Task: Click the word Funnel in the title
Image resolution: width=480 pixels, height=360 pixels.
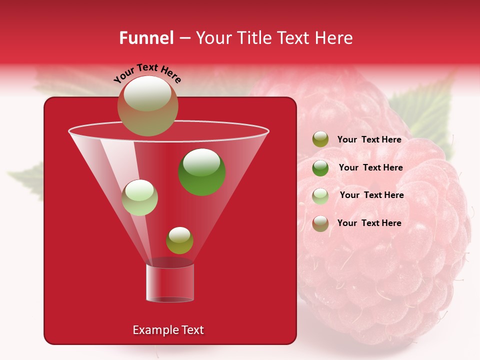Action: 146,38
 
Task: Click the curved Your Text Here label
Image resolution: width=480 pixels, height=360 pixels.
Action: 147,73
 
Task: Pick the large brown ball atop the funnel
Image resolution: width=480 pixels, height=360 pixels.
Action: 148,105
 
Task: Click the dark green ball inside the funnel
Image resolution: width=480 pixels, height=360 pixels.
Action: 202,171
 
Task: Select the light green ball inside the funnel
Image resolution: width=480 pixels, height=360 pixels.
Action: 140,197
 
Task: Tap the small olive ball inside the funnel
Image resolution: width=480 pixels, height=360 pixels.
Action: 179,240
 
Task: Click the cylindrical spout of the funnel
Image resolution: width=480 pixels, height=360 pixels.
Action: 170,282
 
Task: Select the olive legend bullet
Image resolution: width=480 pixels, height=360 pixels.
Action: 320,139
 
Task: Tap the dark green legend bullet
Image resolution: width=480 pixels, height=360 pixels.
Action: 320,167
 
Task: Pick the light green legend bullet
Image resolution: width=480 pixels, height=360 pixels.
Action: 320,195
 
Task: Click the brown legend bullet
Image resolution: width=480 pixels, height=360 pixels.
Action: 320,223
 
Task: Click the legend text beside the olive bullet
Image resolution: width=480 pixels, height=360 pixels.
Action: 369,139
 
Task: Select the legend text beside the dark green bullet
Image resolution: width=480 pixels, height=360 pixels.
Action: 370,167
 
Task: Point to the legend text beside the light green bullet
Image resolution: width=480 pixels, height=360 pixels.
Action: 371,195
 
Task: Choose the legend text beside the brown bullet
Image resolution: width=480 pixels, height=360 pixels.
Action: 369,223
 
